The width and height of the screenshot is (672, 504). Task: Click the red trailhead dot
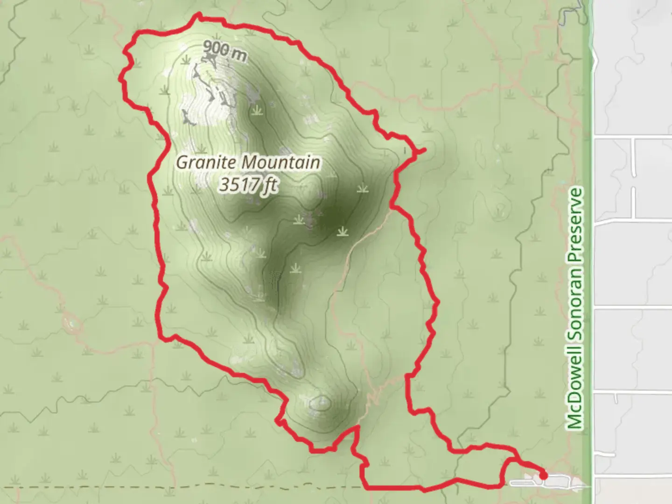click(543, 476)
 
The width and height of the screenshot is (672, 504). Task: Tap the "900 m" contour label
click(225, 51)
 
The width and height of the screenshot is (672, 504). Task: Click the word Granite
click(207, 162)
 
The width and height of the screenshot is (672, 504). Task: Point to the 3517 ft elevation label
click(248, 185)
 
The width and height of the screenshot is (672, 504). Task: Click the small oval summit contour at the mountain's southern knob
click(321, 402)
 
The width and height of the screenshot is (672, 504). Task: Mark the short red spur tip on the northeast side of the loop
click(424, 150)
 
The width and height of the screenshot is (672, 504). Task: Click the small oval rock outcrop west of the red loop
click(72, 322)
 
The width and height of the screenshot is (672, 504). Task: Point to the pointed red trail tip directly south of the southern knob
click(357, 427)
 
